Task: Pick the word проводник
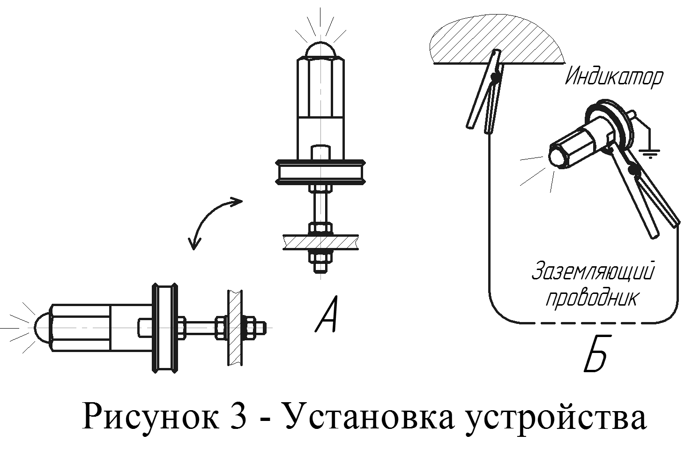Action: coord(592,299)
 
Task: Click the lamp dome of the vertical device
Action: coord(320,49)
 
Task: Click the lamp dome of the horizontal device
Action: coord(42,326)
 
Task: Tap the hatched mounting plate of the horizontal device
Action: coord(235,327)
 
